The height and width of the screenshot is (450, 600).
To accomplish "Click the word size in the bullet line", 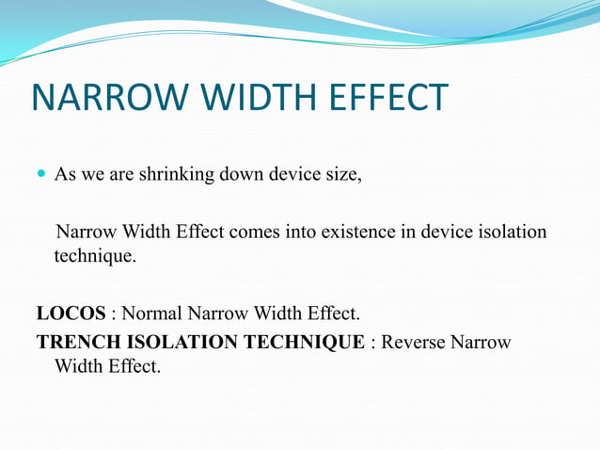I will pyautogui.click(x=341, y=175).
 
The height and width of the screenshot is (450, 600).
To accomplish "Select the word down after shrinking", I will pyautogui.click(x=220, y=175).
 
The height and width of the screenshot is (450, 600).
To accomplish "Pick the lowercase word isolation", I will pyautogui.click(x=513, y=232).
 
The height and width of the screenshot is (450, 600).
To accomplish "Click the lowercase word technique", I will pyautogui.click(x=94, y=256).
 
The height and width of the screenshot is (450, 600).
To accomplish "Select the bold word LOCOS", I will pyautogui.click(x=71, y=313).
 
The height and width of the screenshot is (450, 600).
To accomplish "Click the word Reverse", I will pyautogui.click(x=414, y=342).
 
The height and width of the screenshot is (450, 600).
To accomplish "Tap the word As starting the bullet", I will pyautogui.click(x=65, y=175).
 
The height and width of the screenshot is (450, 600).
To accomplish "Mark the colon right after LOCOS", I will pyautogui.click(x=114, y=313).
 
